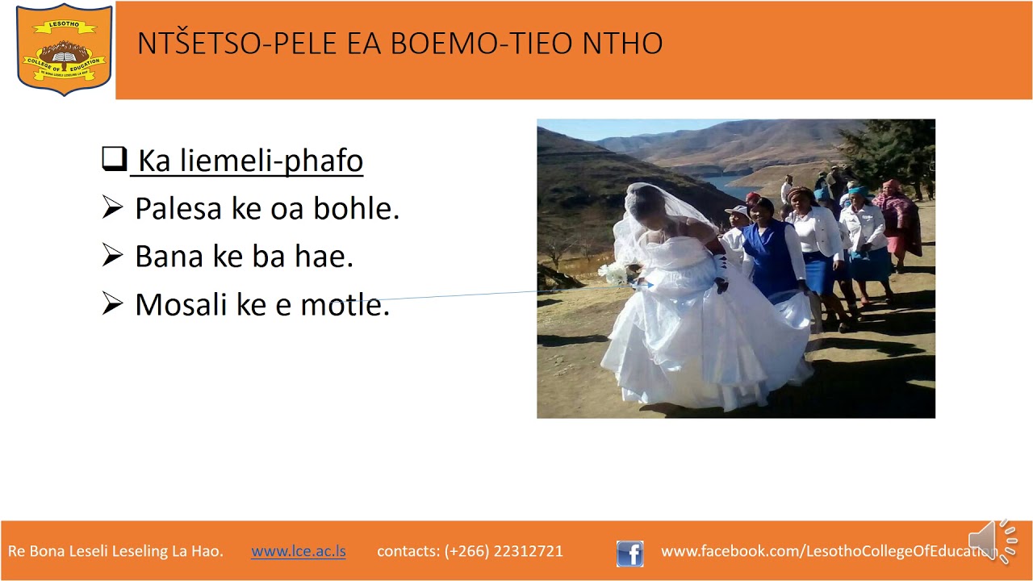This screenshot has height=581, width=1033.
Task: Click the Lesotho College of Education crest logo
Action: pyautogui.click(x=64, y=49)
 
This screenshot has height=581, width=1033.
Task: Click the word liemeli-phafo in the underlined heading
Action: pyautogui.click(x=271, y=161)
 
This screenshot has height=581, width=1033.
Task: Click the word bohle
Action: pyautogui.click(x=361, y=209)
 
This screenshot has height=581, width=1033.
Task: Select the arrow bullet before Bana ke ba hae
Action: pyautogui.click(x=112, y=256)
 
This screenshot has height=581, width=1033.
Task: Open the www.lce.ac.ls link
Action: pyautogui.click(x=299, y=552)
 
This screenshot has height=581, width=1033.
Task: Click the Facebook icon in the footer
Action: pyautogui.click(x=630, y=553)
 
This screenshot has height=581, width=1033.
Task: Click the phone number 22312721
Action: pyautogui.click(x=528, y=552)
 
